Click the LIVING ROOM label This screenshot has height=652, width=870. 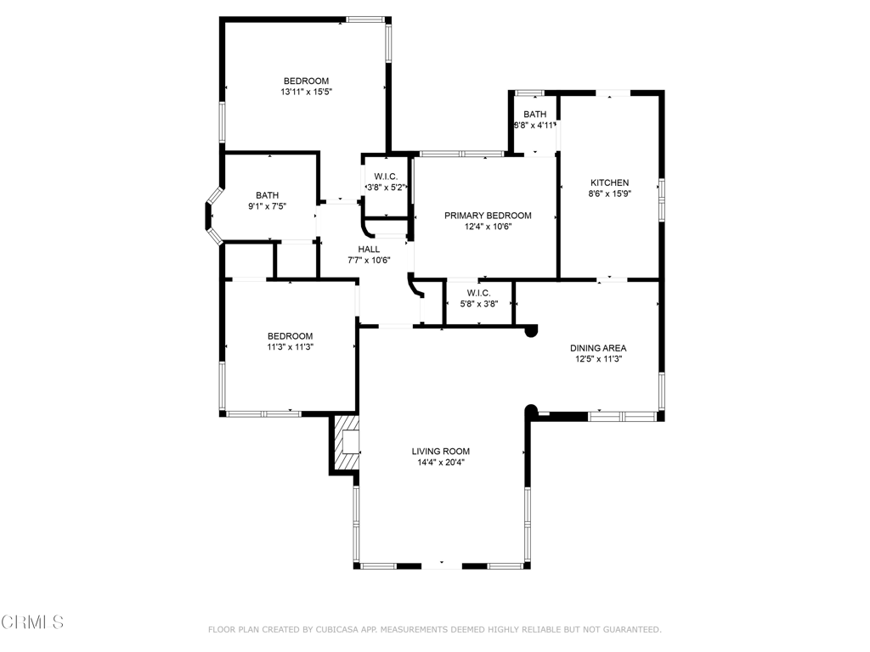tap(441, 452)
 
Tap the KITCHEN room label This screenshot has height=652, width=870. tap(609, 183)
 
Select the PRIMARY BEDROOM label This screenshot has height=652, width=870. tap(488, 215)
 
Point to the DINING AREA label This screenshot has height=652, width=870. tap(598, 347)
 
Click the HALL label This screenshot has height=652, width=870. tap(369, 250)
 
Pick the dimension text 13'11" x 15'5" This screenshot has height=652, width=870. tap(306, 92)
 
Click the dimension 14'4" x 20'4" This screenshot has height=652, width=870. tap(441, 463)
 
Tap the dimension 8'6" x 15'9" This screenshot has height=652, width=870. tap(610, 194)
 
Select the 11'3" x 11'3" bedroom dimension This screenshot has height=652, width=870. tap(291, 347)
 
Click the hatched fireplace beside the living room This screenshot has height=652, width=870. tap(345, 443)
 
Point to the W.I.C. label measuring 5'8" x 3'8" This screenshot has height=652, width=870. tap(479, 293)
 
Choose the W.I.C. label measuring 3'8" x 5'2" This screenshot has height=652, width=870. tap(386, 177)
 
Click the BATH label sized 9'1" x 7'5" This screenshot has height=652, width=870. tap(268, 195)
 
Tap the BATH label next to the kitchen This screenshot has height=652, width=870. tap(535, 115)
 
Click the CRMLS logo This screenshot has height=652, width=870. tap(32, 622)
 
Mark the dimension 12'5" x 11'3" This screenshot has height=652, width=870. tap(598, 359)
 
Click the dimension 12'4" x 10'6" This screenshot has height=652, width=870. tap(488, 226)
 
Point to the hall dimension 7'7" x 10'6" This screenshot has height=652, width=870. tap(369, 260)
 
